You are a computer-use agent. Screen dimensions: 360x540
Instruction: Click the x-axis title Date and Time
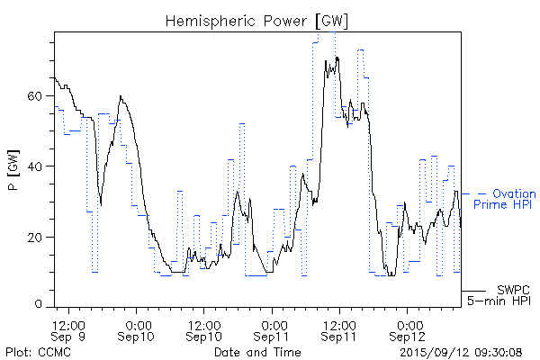coord(257,351)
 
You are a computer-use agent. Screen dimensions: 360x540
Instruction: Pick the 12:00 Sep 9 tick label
coord(69,329)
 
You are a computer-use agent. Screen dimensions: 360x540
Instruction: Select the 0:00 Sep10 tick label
coord(137,329)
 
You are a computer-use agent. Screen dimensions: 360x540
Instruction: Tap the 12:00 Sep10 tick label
coord(204,329)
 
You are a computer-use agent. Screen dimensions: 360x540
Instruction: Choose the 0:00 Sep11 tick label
coord(273,329)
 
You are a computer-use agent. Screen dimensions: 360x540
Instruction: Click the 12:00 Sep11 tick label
coord(339,329)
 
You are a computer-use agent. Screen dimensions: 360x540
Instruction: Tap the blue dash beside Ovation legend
coord(481,193)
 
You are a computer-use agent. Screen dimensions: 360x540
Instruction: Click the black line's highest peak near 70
coord(337,58)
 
